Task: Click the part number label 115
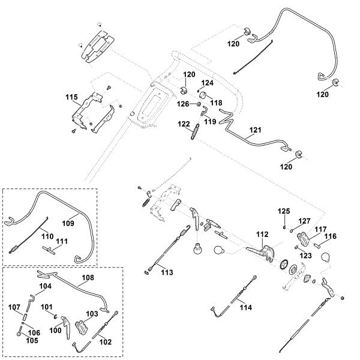71,97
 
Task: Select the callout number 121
256,130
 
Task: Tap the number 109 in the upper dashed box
68,223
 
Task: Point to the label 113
167,272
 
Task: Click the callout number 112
262,234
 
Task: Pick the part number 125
284,211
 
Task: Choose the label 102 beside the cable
106,342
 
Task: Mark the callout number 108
88,278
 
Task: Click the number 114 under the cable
246,307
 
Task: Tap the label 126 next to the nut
183,104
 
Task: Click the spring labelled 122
194,131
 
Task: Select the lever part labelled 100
66,327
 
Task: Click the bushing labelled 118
204,95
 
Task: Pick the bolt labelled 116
318,245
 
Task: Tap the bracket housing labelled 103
81,328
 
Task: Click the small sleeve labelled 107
25,317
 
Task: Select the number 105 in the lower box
32,340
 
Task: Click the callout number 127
304,221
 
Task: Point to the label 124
208,83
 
